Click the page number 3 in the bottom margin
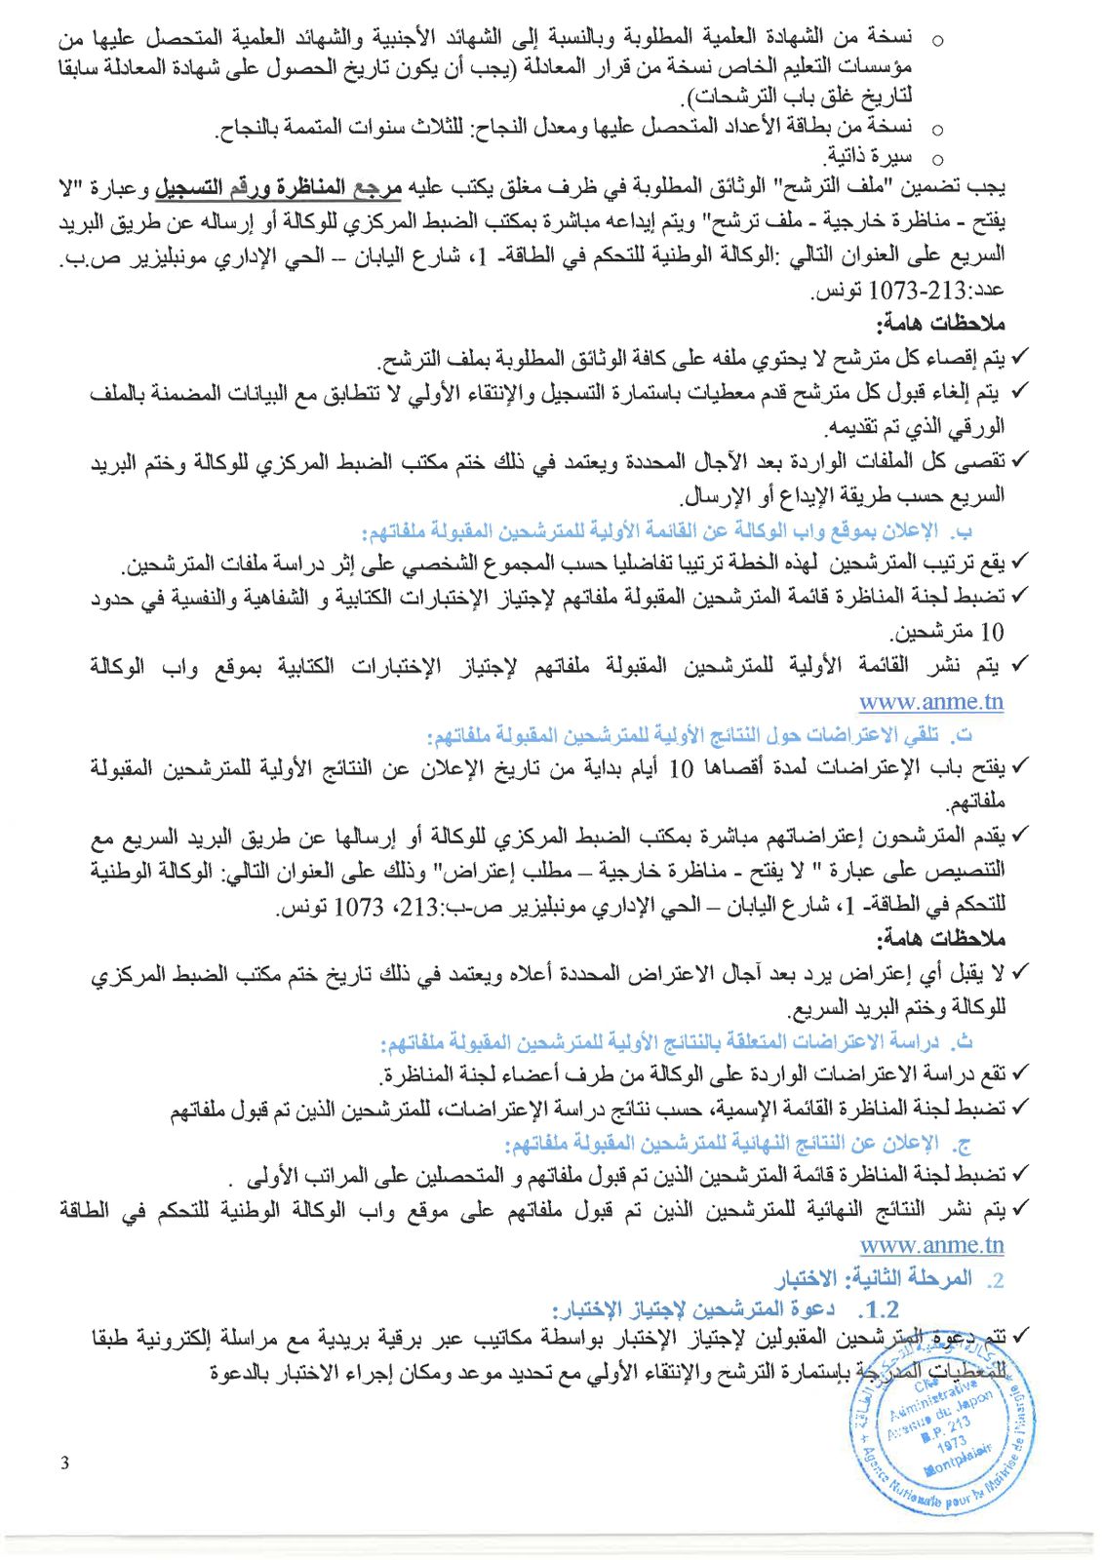(x=64, y=1462)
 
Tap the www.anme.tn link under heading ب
(x=930, y=702)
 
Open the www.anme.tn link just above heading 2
(x=931, y=1245)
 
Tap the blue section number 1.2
(x=878, y=1309)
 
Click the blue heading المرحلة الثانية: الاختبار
(x=874, y=1277)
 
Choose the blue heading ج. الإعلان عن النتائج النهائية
(x=736, y=1143)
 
